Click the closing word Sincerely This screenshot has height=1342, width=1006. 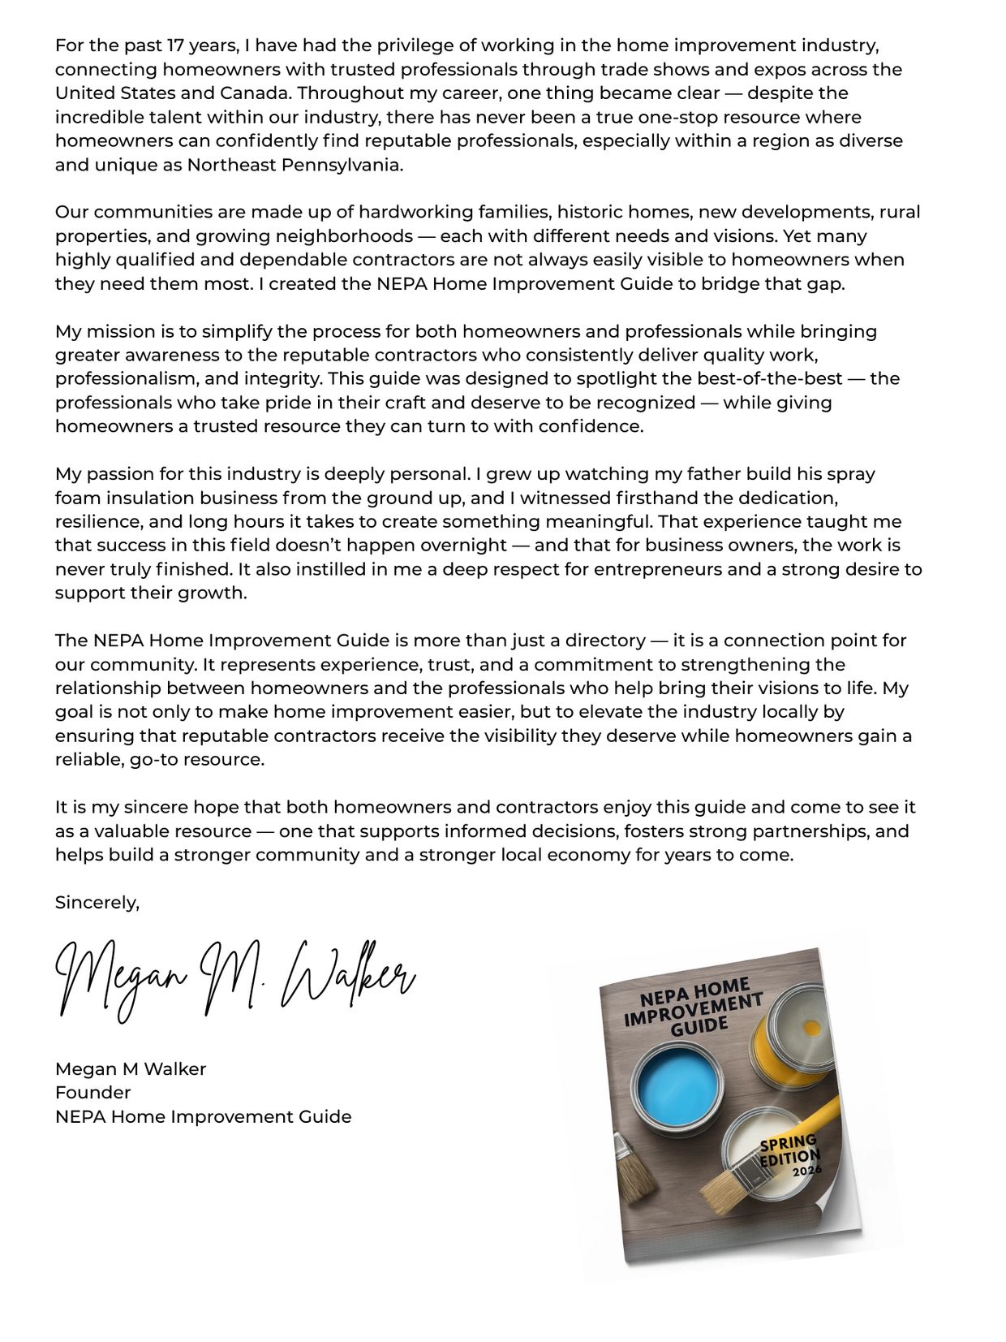tap(97, 903)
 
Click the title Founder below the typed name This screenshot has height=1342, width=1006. tap(92, 1093)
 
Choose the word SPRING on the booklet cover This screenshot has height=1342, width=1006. tap(787, 1145)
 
